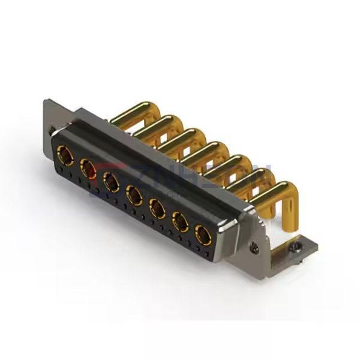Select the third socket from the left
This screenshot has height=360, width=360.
tap(110, 181)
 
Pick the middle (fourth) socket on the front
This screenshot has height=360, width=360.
tap(134, 193)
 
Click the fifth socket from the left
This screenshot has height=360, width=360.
tap(157, 208)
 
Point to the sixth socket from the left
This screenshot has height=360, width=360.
tap(179, 223)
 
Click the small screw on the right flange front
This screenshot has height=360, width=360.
tap(255, 245)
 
